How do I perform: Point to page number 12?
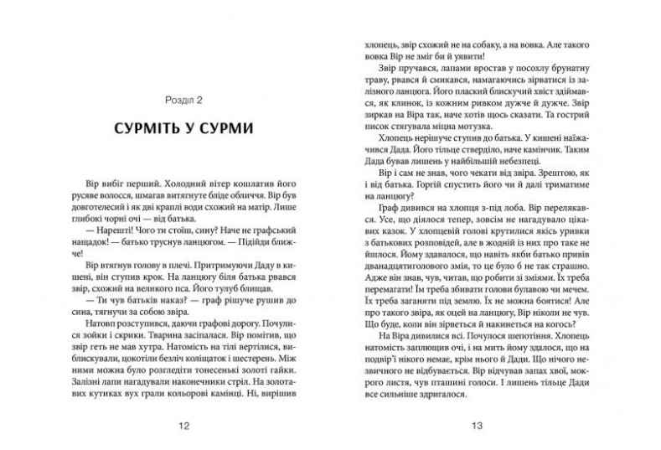185,426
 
